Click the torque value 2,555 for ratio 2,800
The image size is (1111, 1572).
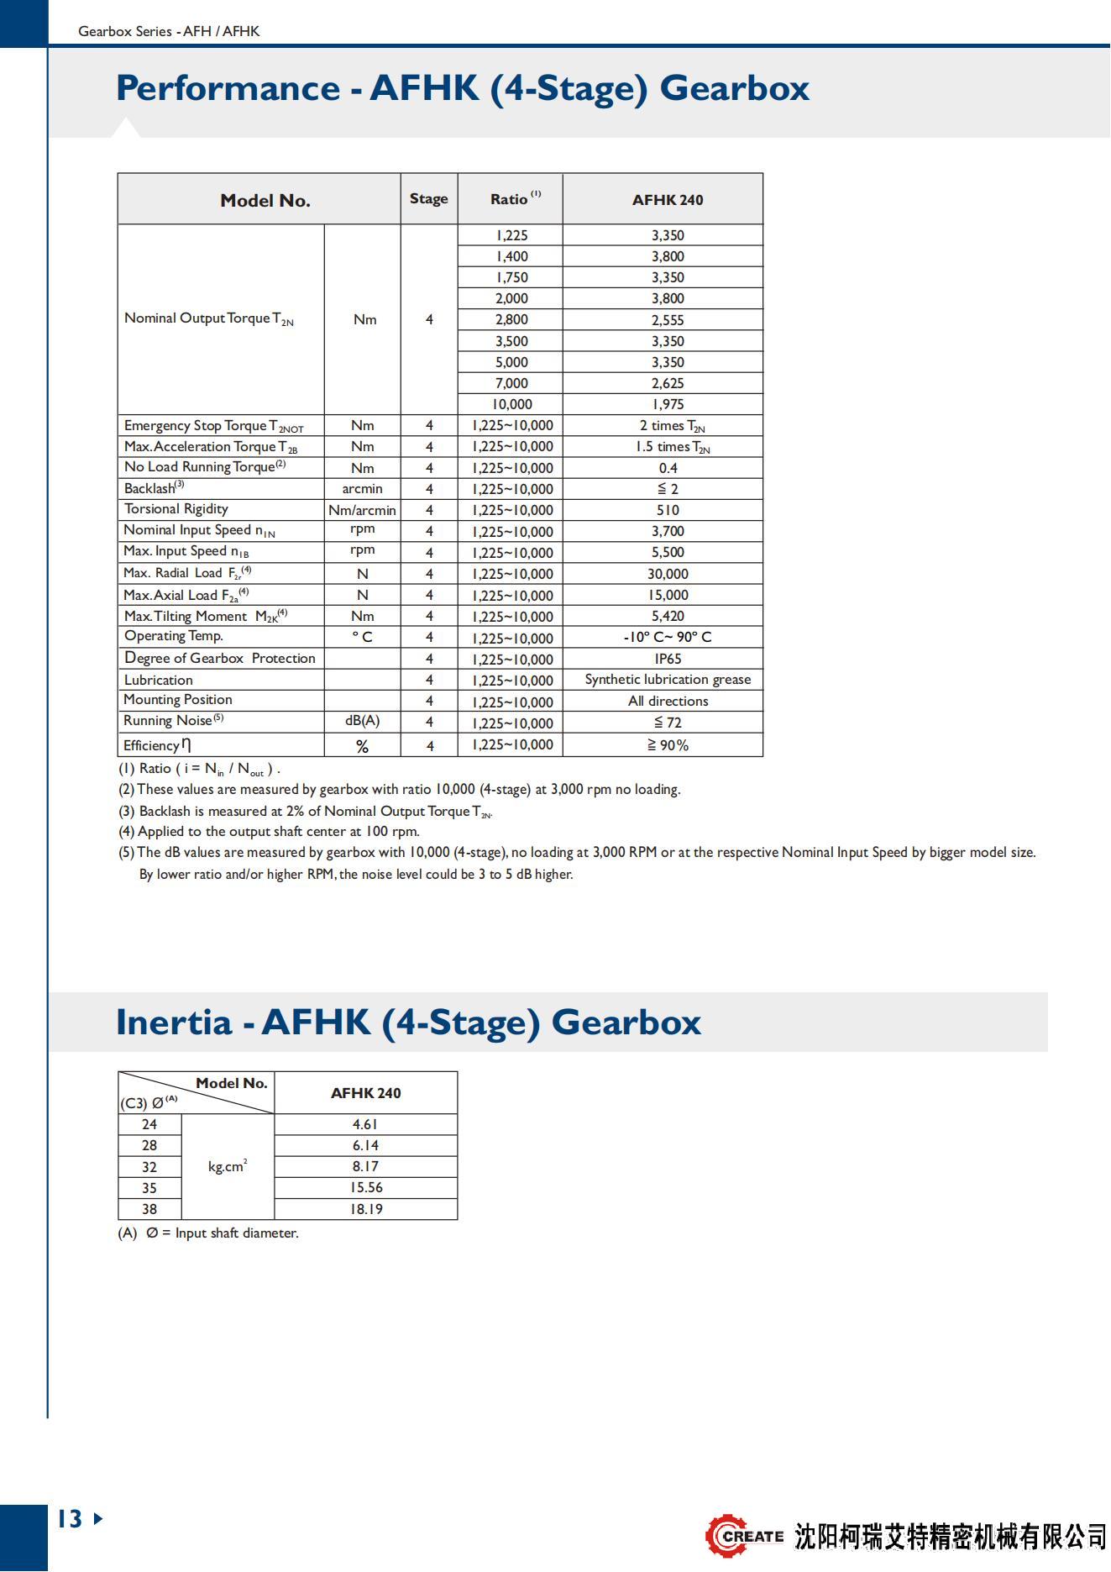668,320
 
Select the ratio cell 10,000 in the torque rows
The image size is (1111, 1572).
511,404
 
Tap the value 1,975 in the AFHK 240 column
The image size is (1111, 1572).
668,404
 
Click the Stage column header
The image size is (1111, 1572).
428,199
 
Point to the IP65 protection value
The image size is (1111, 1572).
668,659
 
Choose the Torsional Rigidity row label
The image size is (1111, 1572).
176,509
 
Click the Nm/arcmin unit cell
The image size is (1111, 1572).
362,510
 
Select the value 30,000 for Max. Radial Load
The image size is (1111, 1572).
668,574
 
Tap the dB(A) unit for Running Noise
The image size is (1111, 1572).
362,721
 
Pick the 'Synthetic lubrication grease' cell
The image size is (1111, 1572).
668,680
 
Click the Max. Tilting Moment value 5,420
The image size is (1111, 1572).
668,616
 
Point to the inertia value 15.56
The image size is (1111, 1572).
365,1188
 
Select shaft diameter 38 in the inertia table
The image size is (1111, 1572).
149,1209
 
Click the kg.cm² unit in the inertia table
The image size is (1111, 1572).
228,1166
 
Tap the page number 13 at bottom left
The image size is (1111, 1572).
71,1519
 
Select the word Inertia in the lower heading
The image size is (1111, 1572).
174,1023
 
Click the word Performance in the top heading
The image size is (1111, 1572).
228,88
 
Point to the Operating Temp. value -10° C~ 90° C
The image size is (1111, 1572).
668,637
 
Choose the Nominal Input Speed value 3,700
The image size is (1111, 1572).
668,531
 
